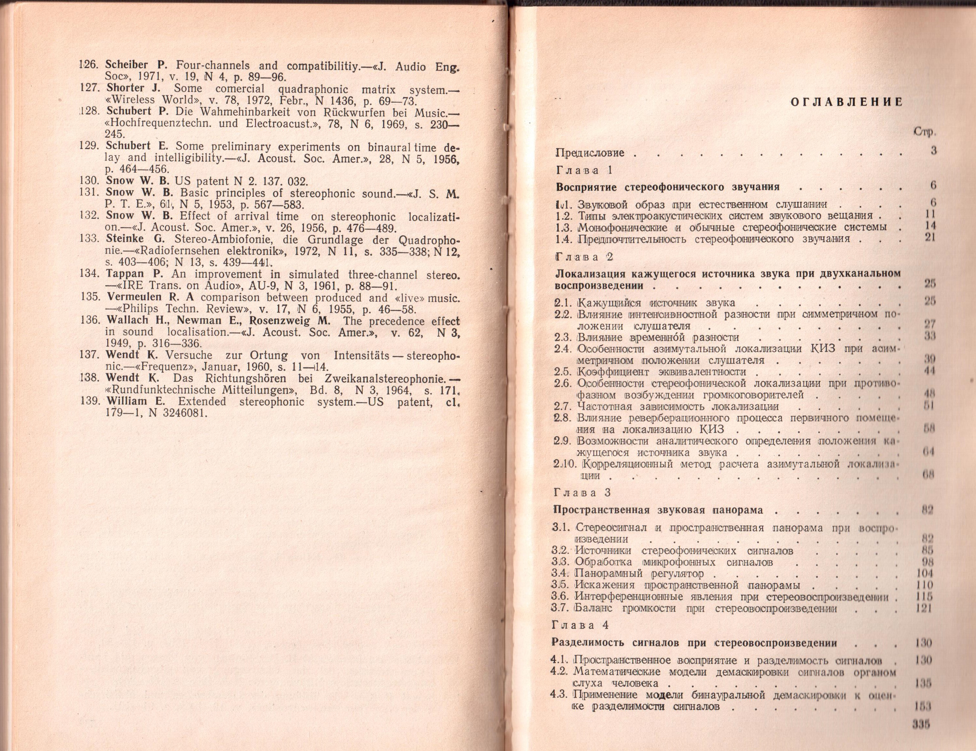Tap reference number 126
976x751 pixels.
click(89, 64)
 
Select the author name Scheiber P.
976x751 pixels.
click(136, 64)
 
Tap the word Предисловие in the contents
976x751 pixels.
click(589, 153)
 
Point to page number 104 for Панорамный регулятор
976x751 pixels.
click(924, 573)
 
